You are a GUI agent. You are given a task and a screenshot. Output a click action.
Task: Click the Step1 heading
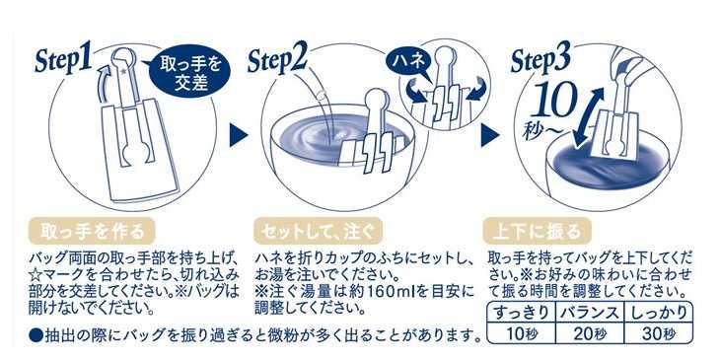[x=63, y=60]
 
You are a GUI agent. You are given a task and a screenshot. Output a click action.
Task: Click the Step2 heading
[x=277, y=60]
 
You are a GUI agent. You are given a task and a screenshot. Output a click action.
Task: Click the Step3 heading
[x=540, y=60]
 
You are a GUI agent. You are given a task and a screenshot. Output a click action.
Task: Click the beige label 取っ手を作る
[x=92, y=231]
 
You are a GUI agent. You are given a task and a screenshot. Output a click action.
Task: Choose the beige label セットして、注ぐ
[x=318, y=231]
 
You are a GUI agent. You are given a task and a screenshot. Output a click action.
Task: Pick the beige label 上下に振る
[x=537, y=231]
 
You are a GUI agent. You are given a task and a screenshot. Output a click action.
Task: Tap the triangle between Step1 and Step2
[x=239, y=135]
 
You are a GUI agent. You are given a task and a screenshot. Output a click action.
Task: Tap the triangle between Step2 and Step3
[x=490, y=135]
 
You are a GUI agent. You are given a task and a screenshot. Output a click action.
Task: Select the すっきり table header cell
[x=521, y=313]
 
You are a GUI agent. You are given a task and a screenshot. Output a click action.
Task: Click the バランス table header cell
[x=590, y=313]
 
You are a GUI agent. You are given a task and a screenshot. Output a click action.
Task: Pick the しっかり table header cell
[x=658, y=313]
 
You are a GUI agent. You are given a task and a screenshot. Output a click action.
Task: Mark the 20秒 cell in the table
[x=590, y=333]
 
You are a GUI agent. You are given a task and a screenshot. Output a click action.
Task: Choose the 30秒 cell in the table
[x=658, y=333]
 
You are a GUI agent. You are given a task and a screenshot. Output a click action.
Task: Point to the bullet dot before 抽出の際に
[x=35, y=335]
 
